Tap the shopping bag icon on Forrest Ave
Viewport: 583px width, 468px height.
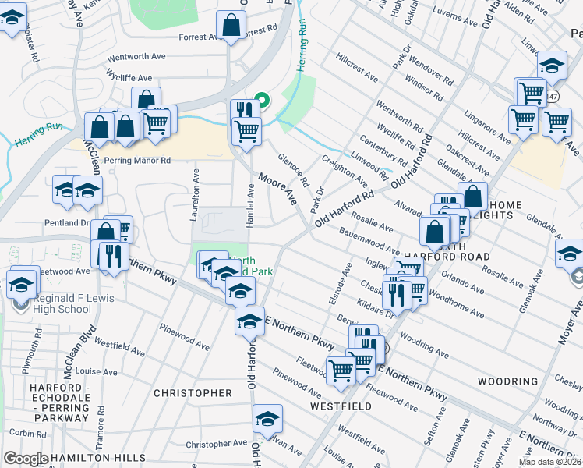(x=231, y=25)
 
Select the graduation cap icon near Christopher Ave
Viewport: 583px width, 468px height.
(x=267, y=420)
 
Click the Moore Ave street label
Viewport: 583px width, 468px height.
(x=278, y=189)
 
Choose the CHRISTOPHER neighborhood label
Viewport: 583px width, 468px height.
(x=193, y=393)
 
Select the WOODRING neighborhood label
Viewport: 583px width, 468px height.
(x=507, y=382)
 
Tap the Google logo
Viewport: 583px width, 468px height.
(x=25, y=458)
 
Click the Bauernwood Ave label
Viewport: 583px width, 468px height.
(x=369, y=241)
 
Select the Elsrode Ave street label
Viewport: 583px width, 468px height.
(x=337, y=288)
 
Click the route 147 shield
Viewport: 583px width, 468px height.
(x=552, y=96)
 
